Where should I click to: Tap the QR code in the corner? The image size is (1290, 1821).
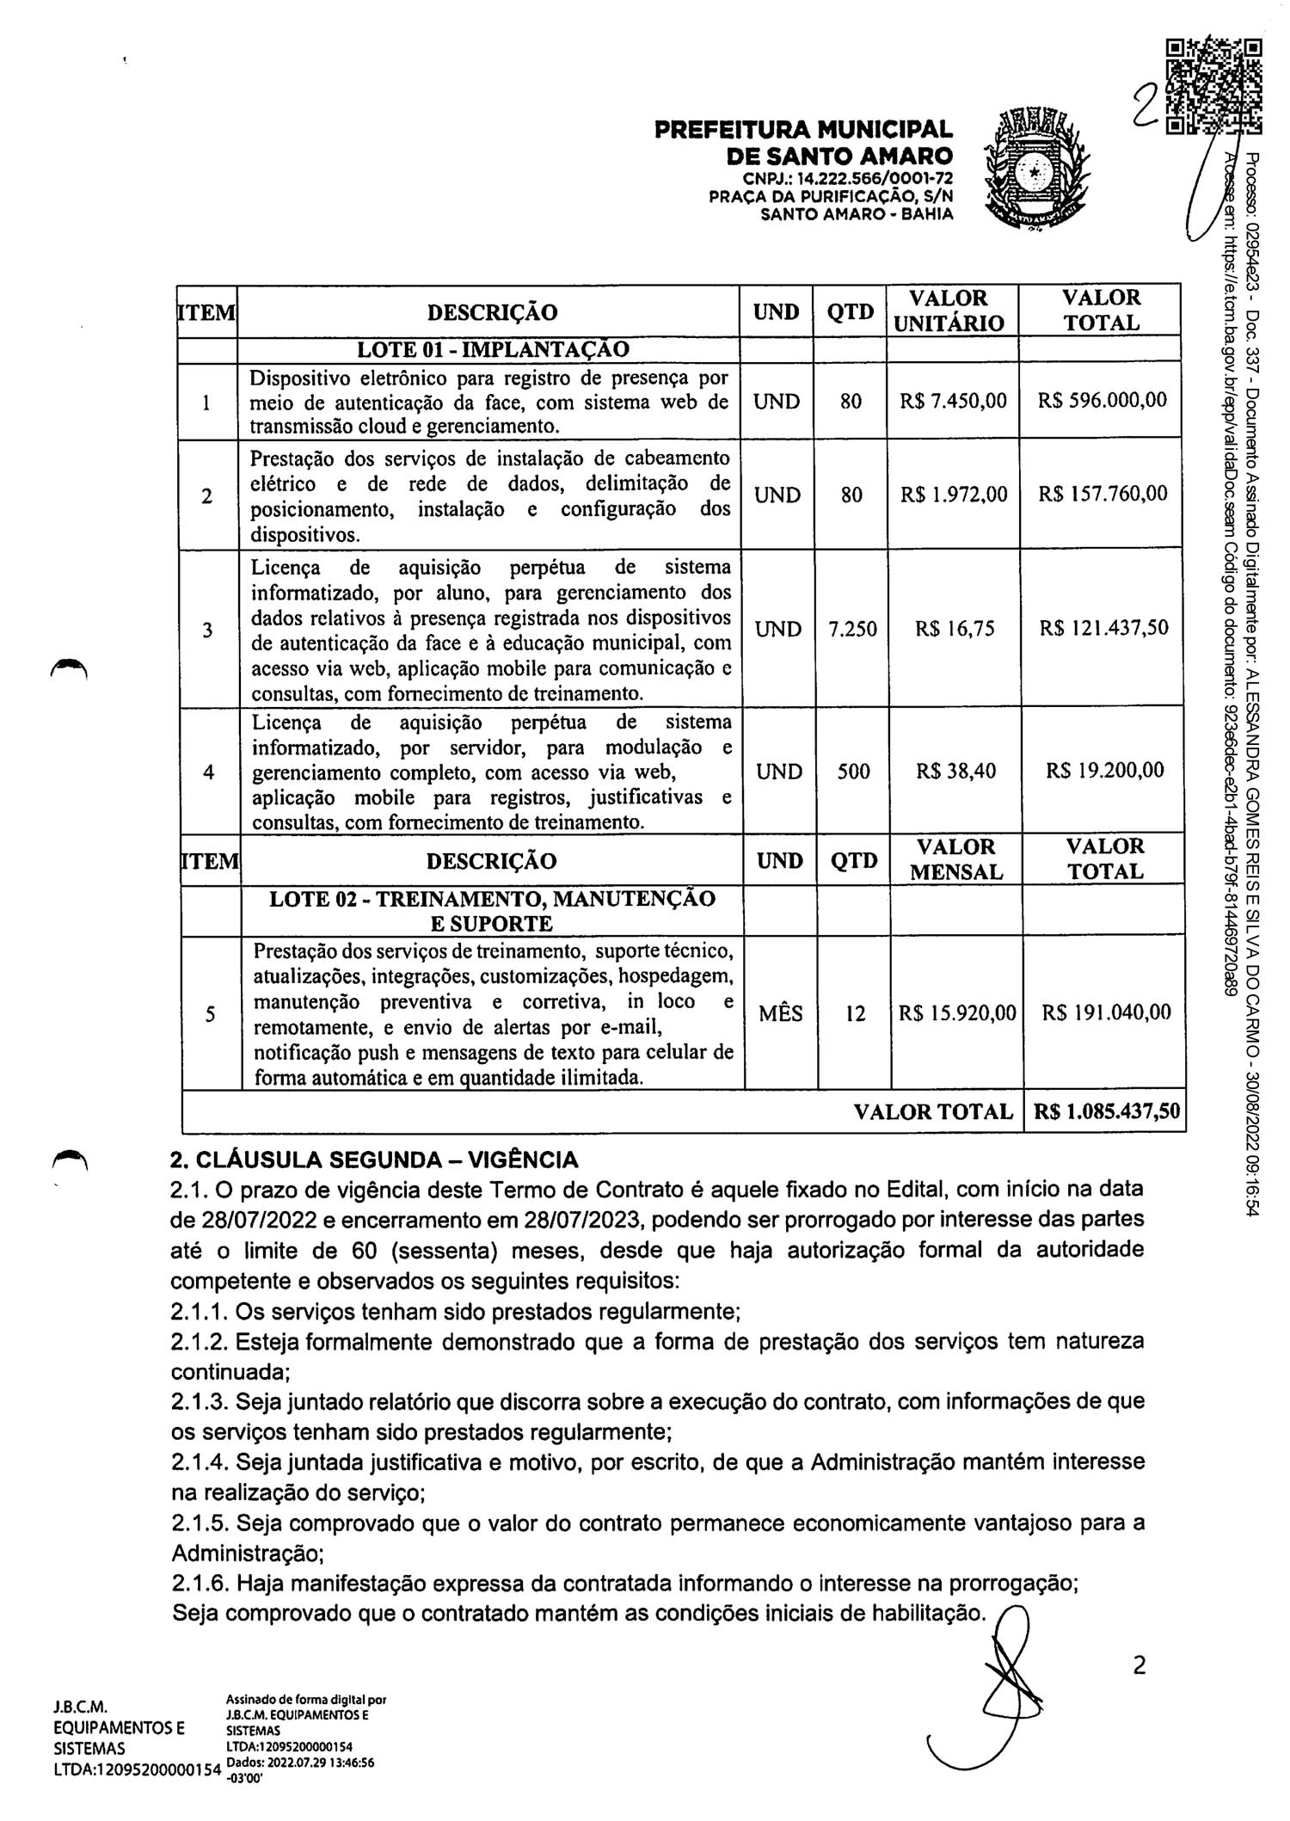[1213, 87]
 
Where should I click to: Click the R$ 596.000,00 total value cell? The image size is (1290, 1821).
[1102, 401]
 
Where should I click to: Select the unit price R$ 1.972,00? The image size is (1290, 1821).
[953, 495]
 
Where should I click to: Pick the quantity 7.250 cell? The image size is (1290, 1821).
[851, 629]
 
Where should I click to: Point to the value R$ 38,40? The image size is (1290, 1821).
[955, 771]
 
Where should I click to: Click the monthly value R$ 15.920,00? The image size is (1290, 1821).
[956, 1013]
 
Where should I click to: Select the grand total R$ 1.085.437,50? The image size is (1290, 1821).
[1106, 1111]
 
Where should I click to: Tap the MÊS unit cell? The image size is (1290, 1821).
[780, 1013]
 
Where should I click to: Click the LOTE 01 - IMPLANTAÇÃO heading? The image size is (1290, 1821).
[493, 349]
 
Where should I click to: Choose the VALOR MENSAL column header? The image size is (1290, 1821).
[955, 859]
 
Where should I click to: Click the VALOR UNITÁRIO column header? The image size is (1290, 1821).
[949, 311]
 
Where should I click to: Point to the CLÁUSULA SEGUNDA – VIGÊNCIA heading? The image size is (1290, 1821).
[374, 1160]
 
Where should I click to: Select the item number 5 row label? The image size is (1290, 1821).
[210, 1014]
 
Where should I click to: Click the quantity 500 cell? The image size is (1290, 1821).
[853, 772]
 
